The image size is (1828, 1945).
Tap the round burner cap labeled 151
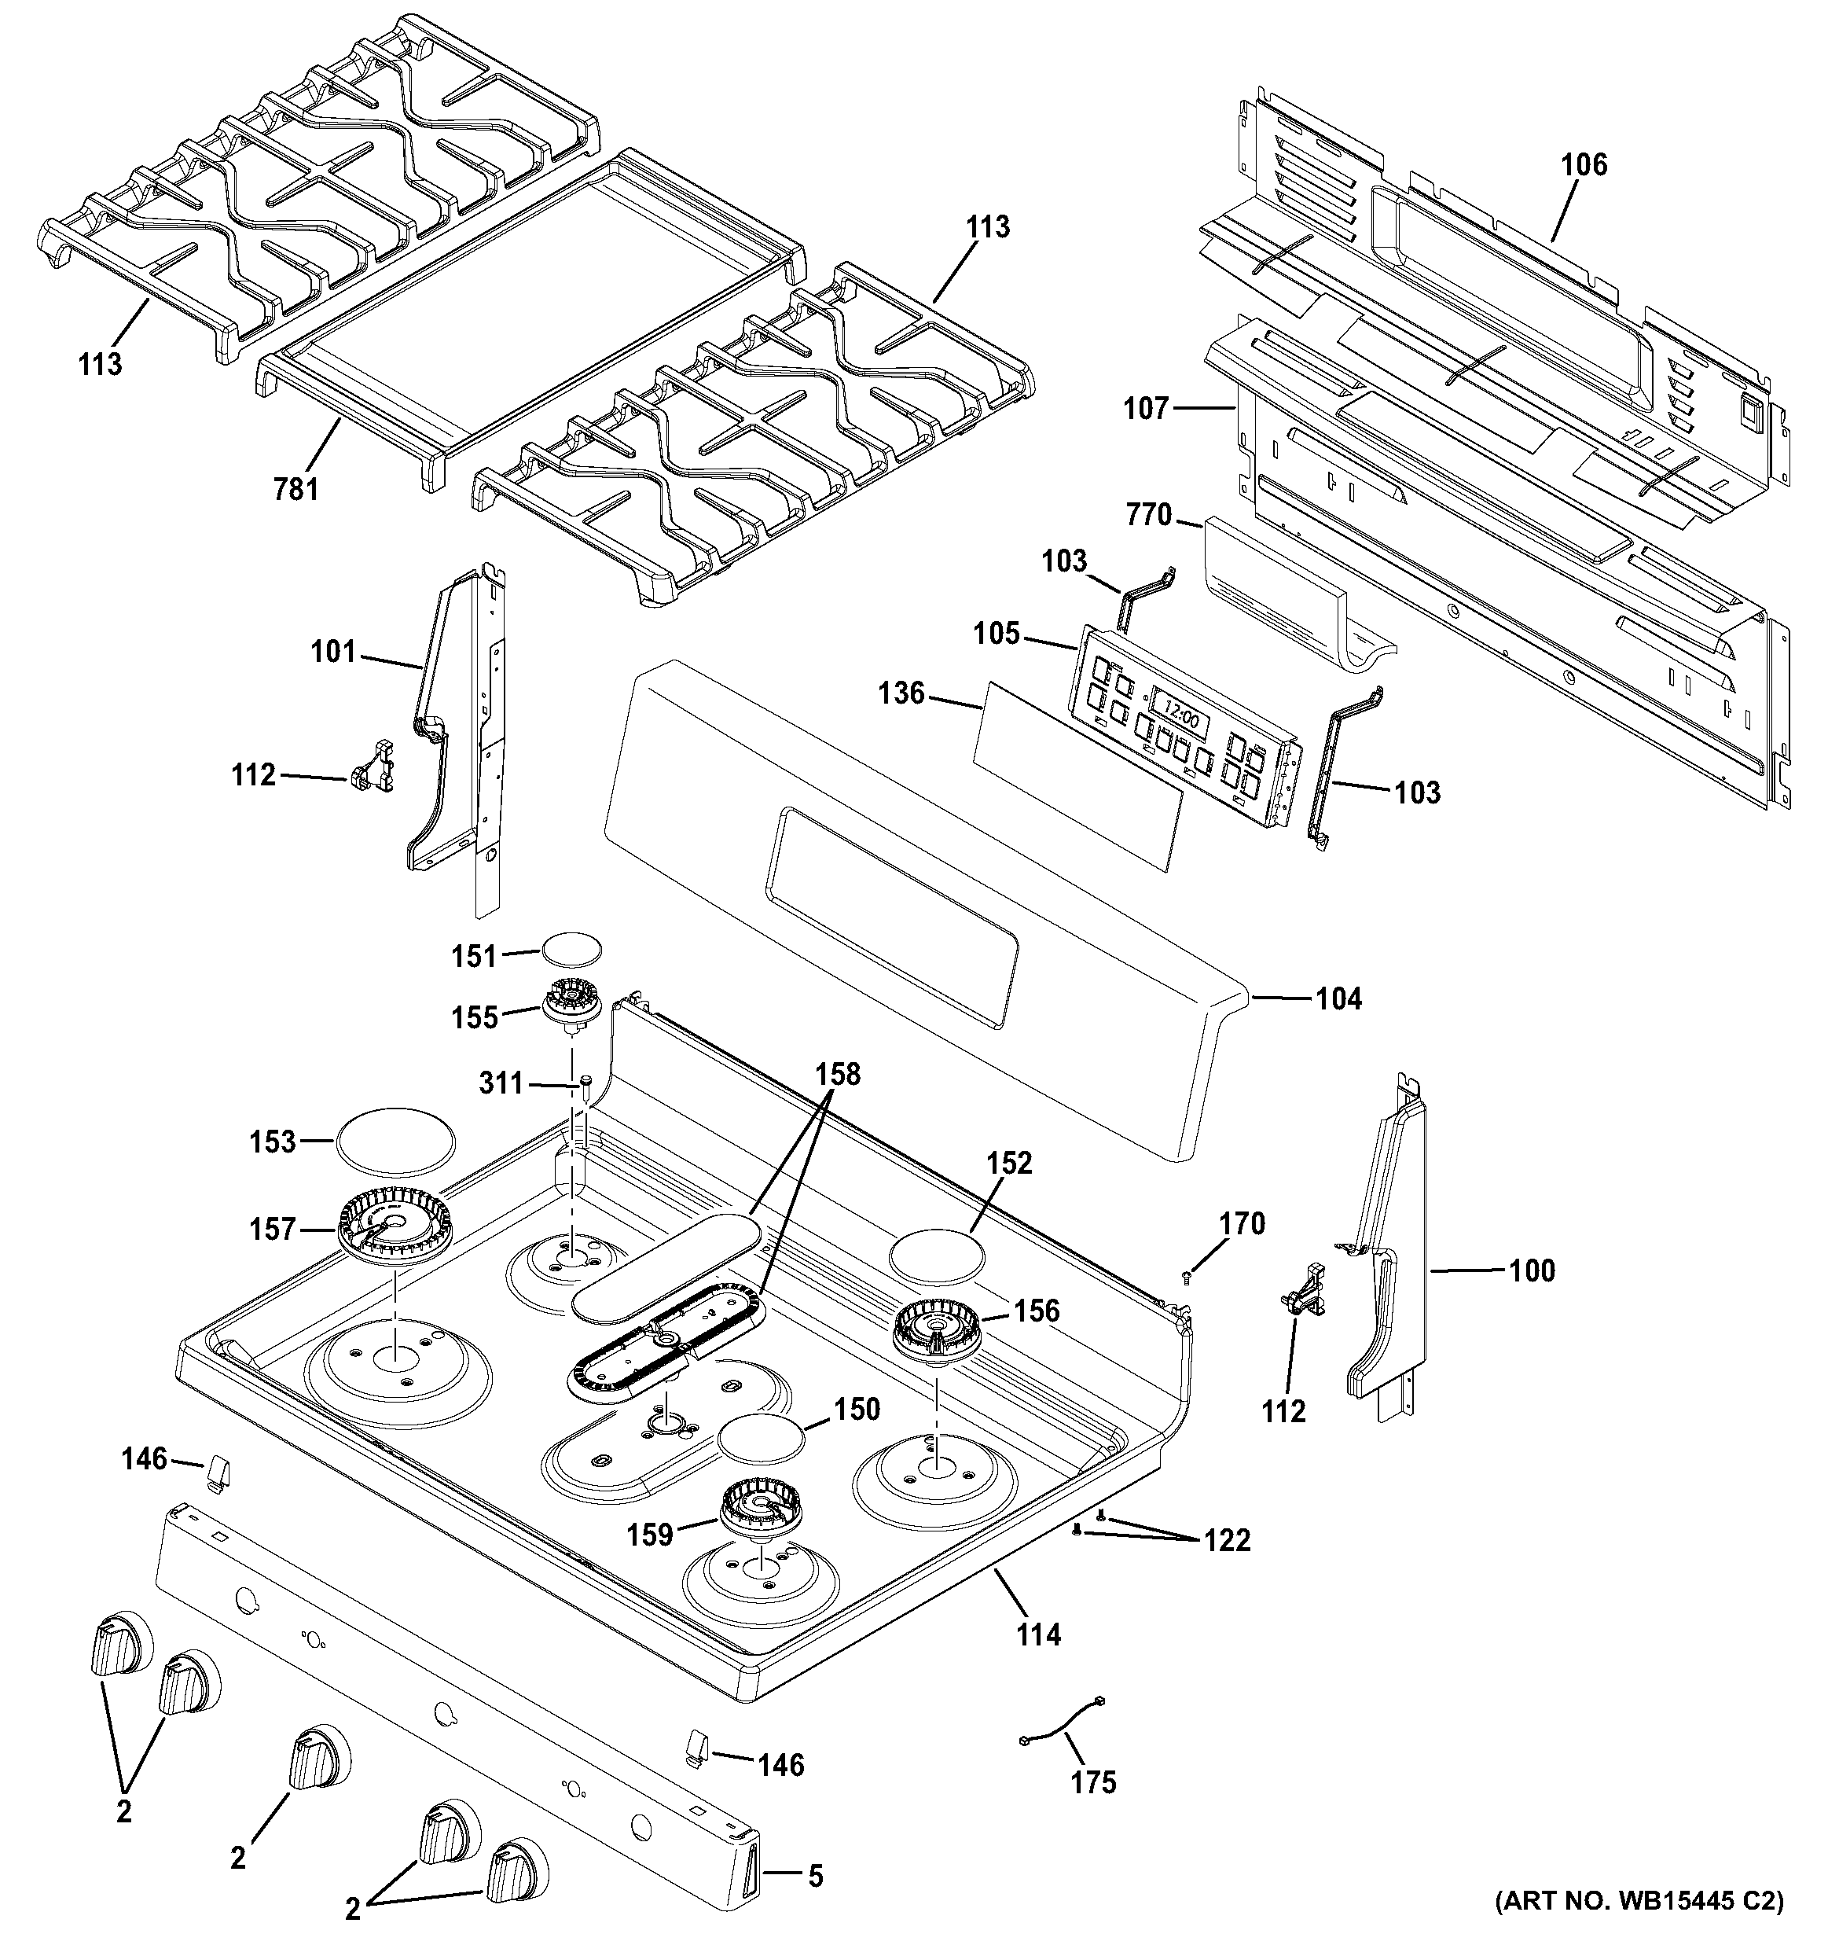[571, 949]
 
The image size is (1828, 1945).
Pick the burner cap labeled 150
[762, 1441]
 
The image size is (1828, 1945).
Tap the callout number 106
[1584, 164]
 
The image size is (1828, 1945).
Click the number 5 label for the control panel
[815, 1876]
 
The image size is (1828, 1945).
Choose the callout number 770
[1148, 515]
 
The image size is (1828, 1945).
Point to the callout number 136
[901, 693]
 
